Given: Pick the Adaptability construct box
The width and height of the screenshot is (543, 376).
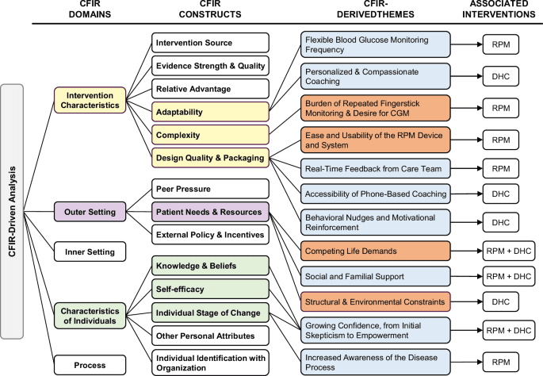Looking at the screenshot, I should pos(210,113).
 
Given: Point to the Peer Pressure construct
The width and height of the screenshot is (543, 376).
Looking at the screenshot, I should pos(210,190).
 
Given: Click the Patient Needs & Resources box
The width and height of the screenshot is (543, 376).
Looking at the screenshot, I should pos(210,212).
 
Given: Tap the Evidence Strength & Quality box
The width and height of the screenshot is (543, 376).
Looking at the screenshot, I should pos(210,65).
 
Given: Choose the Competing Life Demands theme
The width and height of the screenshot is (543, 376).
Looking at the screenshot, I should pos(375,251).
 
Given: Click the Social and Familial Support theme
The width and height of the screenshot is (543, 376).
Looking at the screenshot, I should pos(375,275).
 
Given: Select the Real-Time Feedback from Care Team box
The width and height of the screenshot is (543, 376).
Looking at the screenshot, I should pos(375,167).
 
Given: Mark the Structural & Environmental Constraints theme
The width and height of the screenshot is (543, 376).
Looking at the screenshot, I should pos(375,301).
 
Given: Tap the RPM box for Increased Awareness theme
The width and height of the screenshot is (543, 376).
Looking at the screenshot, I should pos(500,362).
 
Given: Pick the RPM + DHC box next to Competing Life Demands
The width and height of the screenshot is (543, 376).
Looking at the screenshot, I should pos(508,251).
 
